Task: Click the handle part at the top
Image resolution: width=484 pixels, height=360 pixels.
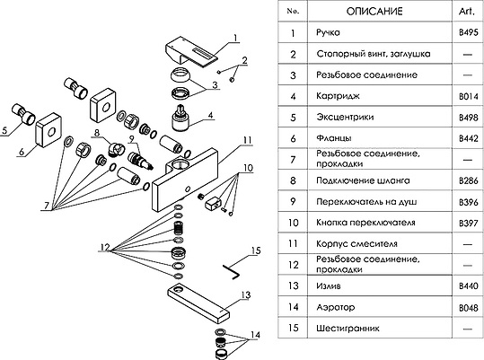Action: point(191,51)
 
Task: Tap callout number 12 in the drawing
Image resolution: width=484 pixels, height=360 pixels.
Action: point(105,247)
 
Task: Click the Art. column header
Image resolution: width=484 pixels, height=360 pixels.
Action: point(467,11)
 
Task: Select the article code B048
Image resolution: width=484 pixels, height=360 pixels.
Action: point(467,307)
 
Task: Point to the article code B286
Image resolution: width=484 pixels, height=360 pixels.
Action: point(467,180)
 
